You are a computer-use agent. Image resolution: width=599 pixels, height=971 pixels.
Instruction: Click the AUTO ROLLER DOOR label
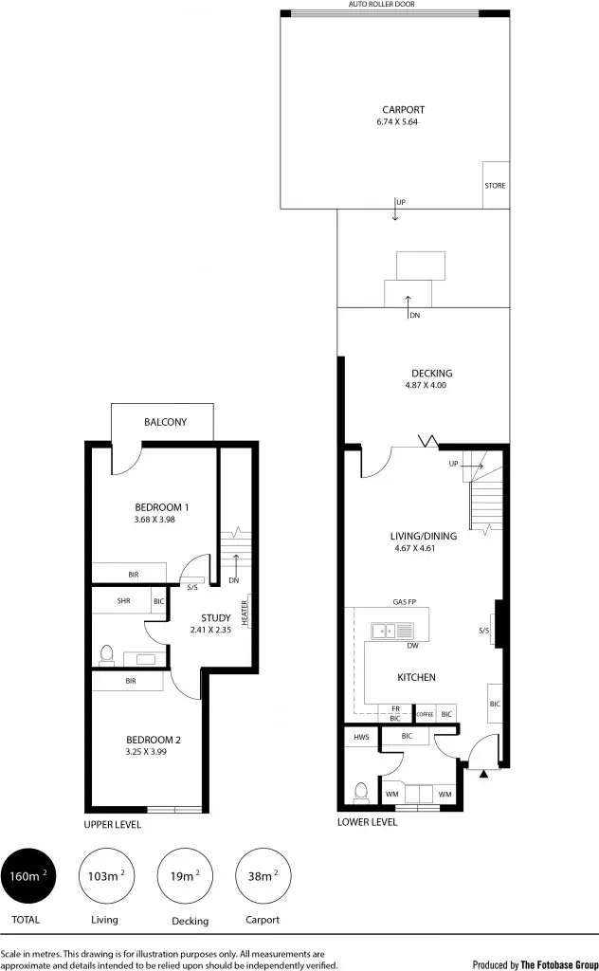coord(382,5)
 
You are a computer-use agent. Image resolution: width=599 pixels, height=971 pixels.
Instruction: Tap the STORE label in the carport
coord(495,186)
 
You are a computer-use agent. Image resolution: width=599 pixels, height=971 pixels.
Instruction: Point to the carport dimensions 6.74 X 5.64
coord(396,122)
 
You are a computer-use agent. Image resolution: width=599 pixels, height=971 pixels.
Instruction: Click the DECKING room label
coord(431,373)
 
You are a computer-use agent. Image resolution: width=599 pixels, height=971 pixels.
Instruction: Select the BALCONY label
coord(165,422)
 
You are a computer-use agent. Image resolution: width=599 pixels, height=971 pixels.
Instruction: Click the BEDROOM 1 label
coord(161,506)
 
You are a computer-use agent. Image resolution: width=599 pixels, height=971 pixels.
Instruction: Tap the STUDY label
coord(216,618)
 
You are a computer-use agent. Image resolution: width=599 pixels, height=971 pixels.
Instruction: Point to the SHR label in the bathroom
coord(123,601)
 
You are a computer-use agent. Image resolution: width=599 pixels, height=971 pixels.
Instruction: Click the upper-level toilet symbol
coord(106,654)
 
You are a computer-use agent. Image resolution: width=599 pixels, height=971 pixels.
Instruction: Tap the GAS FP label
coord(406,602)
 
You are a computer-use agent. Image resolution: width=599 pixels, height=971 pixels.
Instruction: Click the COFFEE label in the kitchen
coord(424,713)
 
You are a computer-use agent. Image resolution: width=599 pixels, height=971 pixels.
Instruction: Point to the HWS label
coord(361,737)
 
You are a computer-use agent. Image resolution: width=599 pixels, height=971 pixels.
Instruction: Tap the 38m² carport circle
coord(260,877)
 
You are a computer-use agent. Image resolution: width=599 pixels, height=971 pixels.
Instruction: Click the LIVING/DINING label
coord(424,536)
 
